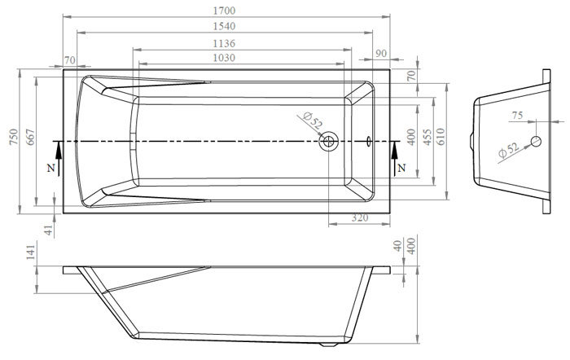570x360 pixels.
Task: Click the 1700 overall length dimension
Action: tap(224, 11)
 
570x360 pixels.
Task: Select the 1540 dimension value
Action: tap(224, 26)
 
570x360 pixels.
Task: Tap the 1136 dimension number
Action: tap(224, 43)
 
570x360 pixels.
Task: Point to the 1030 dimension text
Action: tap(224, 58)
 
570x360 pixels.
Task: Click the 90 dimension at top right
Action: tap(380, 53)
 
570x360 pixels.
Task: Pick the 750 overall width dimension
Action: tap(14, 137)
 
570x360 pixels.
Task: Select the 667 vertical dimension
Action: tap(30, 137)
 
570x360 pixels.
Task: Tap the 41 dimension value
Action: tap(48, 230)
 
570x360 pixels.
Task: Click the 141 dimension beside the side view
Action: tap(30, 252)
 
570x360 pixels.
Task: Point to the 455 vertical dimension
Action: tap(427, 137)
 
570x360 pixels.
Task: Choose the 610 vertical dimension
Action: tap(441, 137)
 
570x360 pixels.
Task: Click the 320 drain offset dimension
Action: tap(360, 217)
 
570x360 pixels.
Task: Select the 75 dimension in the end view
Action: tap(517, 116)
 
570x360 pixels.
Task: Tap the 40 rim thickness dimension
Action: tap(398, 246)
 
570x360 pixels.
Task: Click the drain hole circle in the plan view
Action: tap(329, 141)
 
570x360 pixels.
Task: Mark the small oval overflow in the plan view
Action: tap(369, 141)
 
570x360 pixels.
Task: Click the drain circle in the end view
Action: tap(536, 141)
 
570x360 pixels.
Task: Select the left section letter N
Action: tap(50, 168)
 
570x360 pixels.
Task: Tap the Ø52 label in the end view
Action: tap(509, 150)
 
